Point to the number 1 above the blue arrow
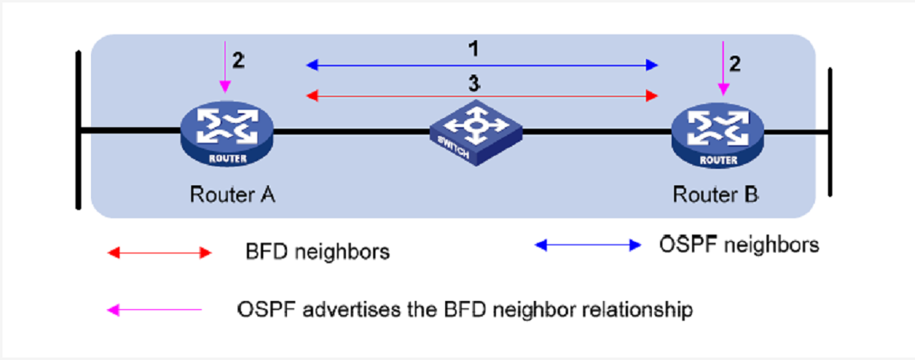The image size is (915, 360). [472, 48]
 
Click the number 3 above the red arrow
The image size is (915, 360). [472, 82]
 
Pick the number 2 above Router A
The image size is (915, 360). [238, 60]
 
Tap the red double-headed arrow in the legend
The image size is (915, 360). [160, 253]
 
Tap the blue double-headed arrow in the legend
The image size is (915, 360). [587, 244]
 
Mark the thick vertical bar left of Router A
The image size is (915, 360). [79, 130]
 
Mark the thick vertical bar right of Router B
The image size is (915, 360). [830, 131]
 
